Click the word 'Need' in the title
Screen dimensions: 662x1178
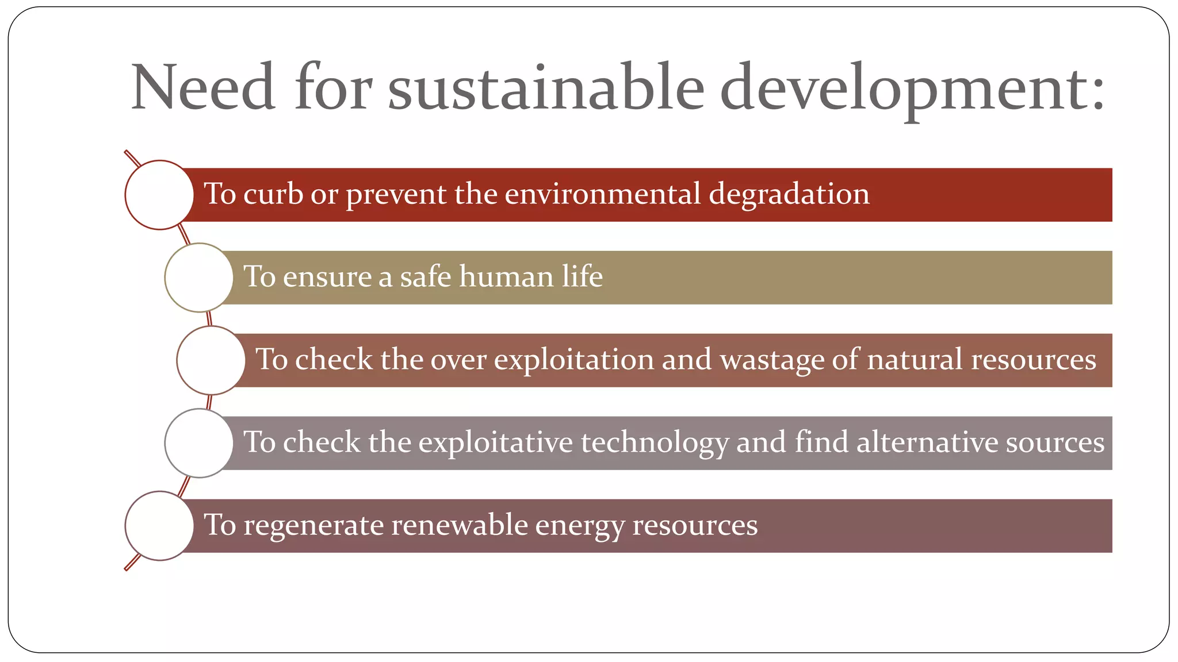coord(202,87)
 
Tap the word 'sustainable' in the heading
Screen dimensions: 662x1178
coord(546,87)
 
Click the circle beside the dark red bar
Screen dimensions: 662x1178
coord(159,195)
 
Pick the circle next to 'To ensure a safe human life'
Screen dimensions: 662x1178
coord(199,278)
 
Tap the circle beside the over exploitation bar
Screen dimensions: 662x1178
coord(211,360)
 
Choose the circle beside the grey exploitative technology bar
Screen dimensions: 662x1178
coord(199,443)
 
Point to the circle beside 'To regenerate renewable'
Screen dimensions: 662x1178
coord(159,526)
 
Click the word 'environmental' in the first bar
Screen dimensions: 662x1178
coord(603,194)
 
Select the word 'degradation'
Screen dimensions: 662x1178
coord(789,194)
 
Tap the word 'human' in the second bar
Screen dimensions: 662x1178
coord(506,276)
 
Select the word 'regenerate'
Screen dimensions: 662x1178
coord(313,526)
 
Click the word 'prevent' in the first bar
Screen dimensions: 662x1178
coord(396,195)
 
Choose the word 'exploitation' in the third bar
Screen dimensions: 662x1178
coord(574,360)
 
